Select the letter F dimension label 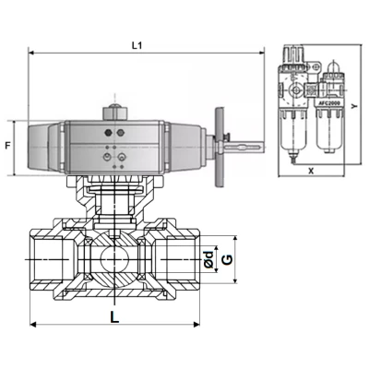click(7, 145)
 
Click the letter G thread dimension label click(225, 261)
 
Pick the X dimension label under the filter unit click(310, 171)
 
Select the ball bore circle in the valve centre click(114, 261)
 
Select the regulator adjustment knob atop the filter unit click(297, 61)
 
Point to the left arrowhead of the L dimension click(34, 325)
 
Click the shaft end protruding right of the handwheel click(251, 145)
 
